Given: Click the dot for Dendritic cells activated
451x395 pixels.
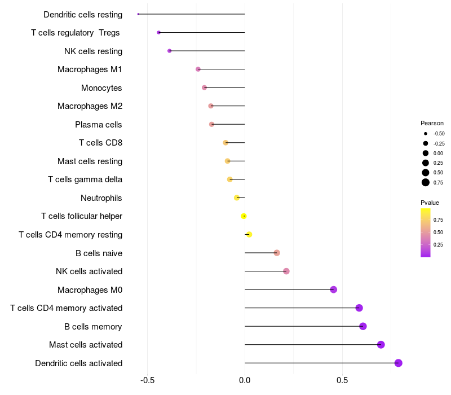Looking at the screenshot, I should [399, 363].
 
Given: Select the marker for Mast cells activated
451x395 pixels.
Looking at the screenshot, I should [381, 345].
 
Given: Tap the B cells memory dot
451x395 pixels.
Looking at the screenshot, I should [363, 326].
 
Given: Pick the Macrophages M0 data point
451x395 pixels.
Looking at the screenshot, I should [334, 289].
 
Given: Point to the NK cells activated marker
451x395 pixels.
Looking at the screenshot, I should [286, 271].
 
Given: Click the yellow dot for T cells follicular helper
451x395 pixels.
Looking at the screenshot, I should [244, 216].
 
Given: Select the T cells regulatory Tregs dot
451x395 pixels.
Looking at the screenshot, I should [159, 33].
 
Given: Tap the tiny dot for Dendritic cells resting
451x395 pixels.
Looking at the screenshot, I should [138, 14].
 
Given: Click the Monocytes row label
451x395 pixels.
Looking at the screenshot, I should [101, 88].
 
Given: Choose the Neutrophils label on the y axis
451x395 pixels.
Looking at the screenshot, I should [101, 198].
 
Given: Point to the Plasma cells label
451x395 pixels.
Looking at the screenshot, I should [99, 125].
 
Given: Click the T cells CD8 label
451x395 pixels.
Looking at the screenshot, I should [100, 143].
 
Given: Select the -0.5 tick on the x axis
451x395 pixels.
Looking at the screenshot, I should [147, 380].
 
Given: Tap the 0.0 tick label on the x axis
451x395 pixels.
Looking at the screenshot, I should [245, 380].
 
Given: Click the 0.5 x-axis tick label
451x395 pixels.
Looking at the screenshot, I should [342, 380].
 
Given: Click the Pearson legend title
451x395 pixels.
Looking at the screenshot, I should [432, 123].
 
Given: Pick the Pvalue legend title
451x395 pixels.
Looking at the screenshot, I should [430, 203].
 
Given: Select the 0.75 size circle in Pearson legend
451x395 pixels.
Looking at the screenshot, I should [426, 182].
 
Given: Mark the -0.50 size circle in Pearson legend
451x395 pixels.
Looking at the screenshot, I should [426, 134].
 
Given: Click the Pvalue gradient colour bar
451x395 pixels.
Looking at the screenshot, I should [426, 232].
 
